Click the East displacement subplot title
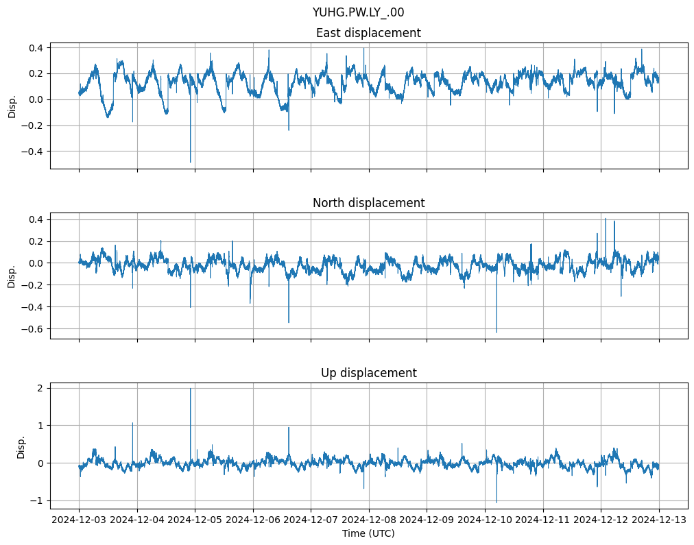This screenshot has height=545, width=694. [368, 33]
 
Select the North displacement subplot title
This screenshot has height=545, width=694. [368, 203]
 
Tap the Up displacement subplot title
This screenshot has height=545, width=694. [368, 373]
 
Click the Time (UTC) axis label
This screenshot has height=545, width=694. [368, 533]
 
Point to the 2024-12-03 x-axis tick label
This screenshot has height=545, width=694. [79, 520]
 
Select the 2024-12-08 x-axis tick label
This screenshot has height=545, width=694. [369, 520]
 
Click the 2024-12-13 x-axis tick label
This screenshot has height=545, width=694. [659, 520]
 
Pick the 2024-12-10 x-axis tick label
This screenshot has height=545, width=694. [485, 520]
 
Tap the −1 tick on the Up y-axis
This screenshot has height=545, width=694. [40, 500]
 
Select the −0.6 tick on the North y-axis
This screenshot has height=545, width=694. [34, 329]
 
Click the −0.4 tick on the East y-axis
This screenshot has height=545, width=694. [34, 152]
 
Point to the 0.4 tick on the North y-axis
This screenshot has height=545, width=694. [37, 219]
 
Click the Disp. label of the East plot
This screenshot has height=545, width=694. [12, 106]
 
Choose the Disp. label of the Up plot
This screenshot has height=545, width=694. [21, 446]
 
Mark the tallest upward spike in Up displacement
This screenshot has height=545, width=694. [191, 389]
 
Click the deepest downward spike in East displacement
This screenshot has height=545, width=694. [191, 162]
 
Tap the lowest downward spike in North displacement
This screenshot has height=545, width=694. [496, 332]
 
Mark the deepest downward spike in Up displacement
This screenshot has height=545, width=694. [496, 502]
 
